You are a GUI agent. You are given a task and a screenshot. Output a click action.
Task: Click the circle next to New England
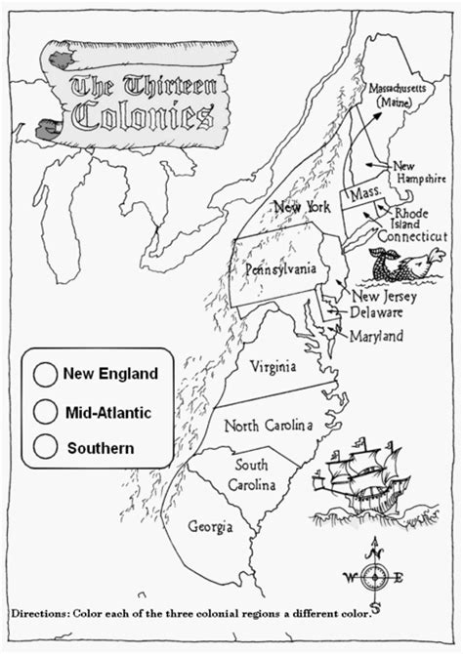(x=44, y=374)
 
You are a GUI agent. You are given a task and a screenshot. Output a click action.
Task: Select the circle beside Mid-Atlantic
(x=44, y=411)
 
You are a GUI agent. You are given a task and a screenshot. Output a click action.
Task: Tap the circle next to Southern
(x=44, y=447)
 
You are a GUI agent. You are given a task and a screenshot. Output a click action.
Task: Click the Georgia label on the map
(x=211, y=527)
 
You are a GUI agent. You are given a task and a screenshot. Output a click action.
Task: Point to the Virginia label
(x=274, y=368)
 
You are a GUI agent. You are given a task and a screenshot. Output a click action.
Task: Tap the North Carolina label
(x=268, y=426)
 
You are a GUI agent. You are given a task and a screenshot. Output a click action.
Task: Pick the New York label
(x=303, y=207)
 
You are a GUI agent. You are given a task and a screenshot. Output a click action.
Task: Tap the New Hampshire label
(x=418, y=173)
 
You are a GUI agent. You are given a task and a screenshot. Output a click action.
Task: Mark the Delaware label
(x=378, y=313)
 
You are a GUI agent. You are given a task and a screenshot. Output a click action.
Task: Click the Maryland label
(x=378, y=336)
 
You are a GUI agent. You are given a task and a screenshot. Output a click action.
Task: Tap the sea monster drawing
(x=401, y=265)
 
